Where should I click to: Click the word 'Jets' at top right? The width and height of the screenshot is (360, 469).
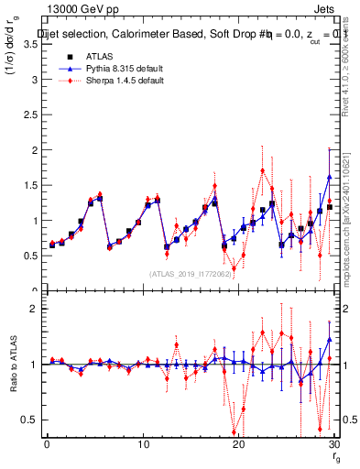(x=325, y=9)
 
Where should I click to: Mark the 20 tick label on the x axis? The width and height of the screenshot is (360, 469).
(x=238, y=444)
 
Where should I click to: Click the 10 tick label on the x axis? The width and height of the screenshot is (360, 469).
(x=142, y=444)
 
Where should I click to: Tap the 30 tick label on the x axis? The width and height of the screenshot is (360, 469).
(x=333, y=444)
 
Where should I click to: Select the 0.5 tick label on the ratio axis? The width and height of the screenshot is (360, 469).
(x=29, y=420)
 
